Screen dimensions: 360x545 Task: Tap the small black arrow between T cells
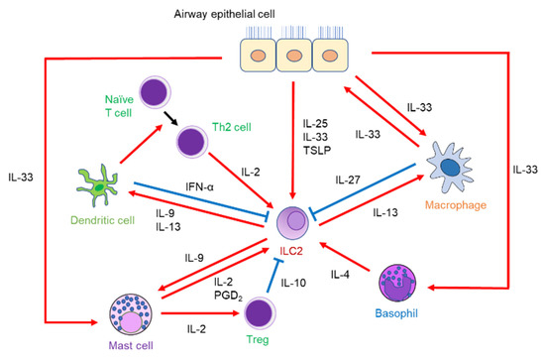click(x=183, y=118)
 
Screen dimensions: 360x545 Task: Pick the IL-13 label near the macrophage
click(x=385, y=211)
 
